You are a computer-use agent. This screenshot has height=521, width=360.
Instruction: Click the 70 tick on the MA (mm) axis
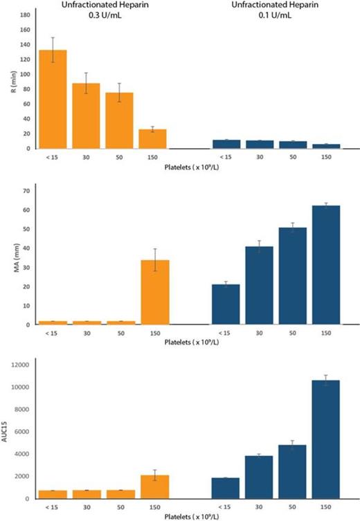pos(26,190)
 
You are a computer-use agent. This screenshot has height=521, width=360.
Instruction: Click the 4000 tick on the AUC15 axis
pos(21,454)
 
